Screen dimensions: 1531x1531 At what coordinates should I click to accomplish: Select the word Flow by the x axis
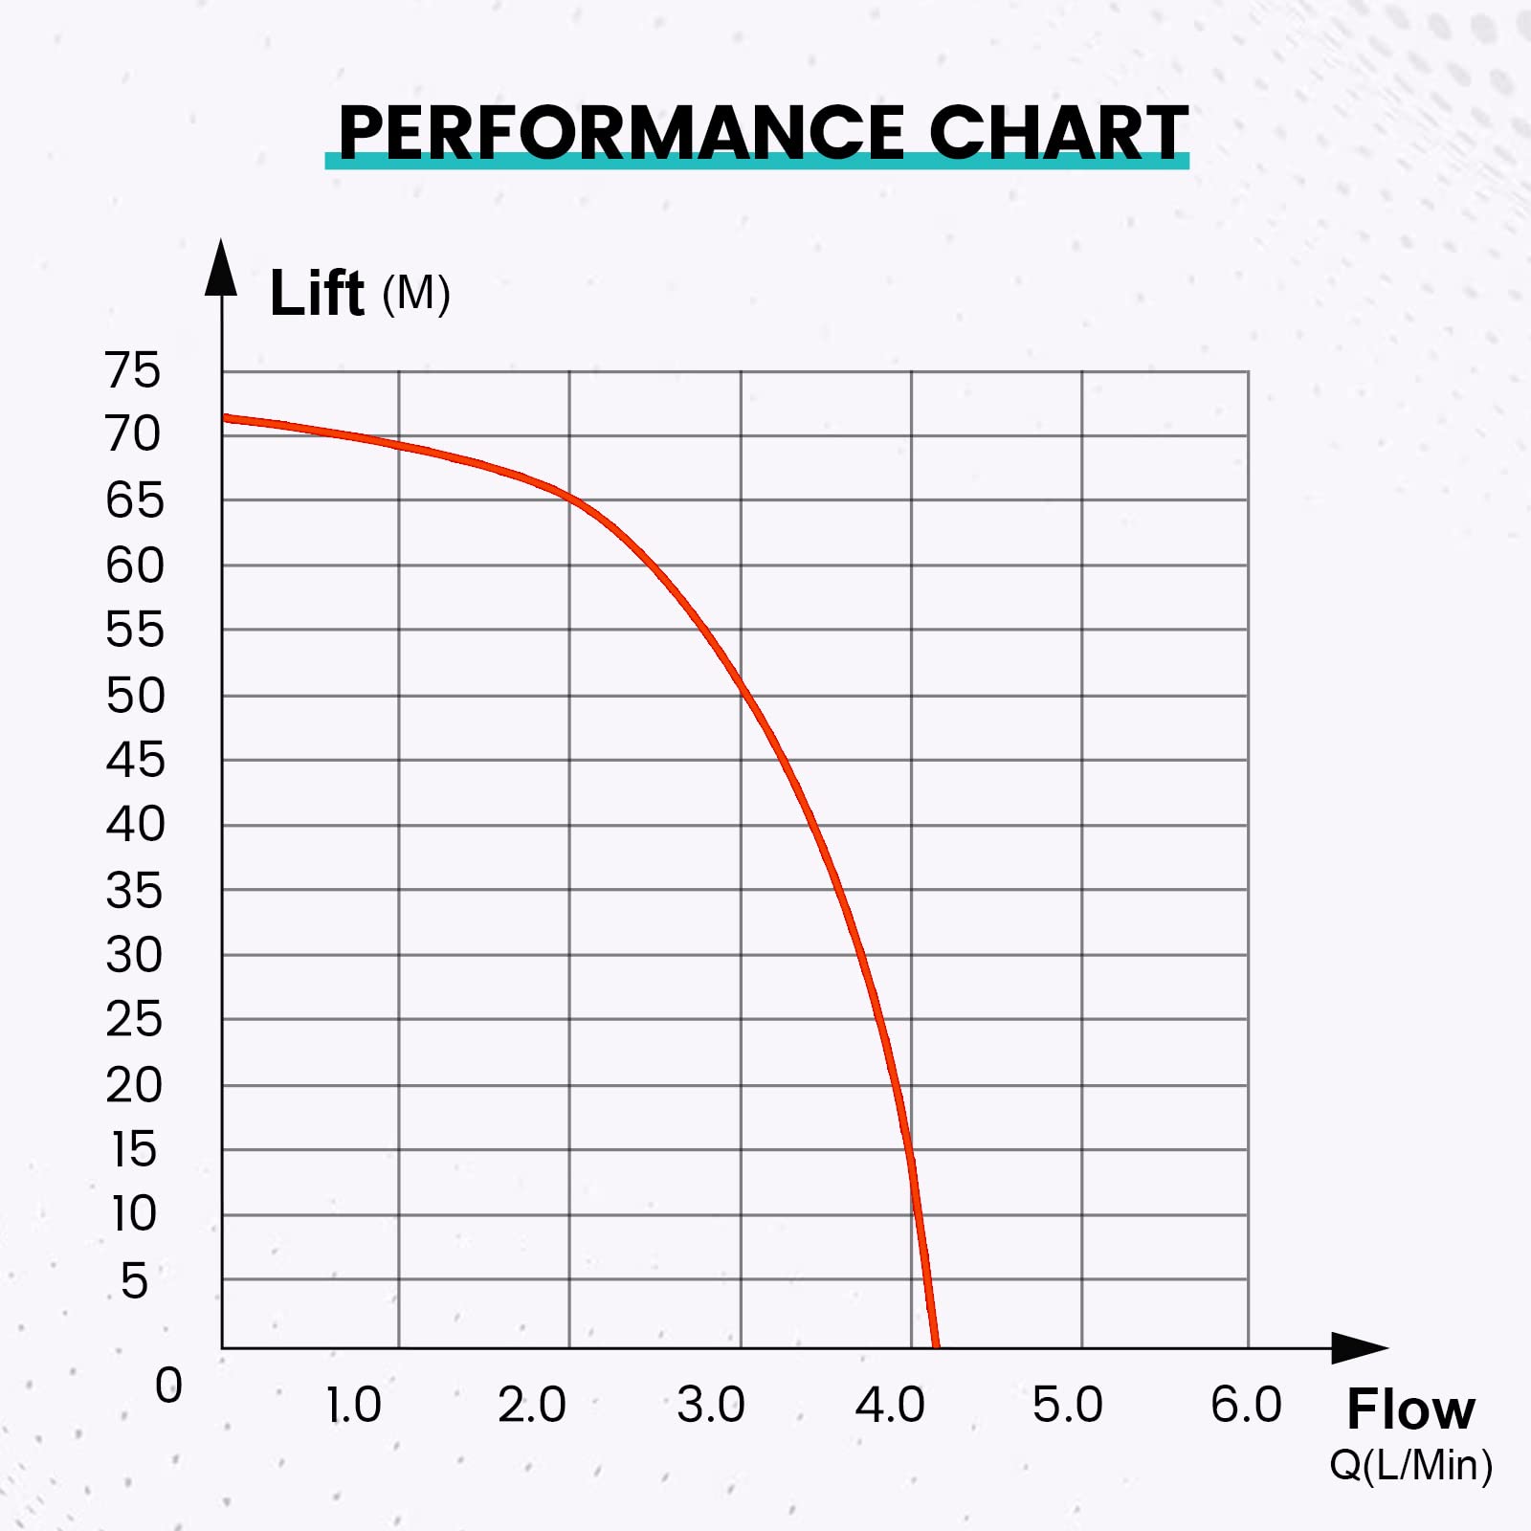[1410, 1409]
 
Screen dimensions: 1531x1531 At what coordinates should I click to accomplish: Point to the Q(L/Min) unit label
[1410, 1465]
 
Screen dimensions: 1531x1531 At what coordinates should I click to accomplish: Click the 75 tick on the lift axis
[133, 370]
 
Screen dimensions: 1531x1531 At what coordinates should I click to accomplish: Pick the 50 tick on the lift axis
[135, 696]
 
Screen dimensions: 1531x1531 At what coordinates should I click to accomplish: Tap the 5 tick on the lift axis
[134, 1281]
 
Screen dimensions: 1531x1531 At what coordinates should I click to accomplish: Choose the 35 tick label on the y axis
[134, 891]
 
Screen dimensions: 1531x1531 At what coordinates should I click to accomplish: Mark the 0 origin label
[168, 1385]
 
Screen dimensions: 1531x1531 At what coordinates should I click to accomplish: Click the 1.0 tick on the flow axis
[353, 1406]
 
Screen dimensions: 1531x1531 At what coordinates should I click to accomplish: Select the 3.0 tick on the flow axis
[710, 1406]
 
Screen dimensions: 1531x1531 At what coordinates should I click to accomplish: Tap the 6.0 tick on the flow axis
[1246, 1406]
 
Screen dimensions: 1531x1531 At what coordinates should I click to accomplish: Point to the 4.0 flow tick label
[890, 1406]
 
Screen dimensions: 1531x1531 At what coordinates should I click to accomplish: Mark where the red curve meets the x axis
[935, 1346]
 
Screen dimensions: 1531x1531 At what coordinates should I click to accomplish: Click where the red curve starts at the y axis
[226, 417]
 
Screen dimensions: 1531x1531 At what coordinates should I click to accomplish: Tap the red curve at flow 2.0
[570, 498]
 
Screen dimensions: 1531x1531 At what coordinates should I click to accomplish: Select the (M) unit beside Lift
[416, 294]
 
